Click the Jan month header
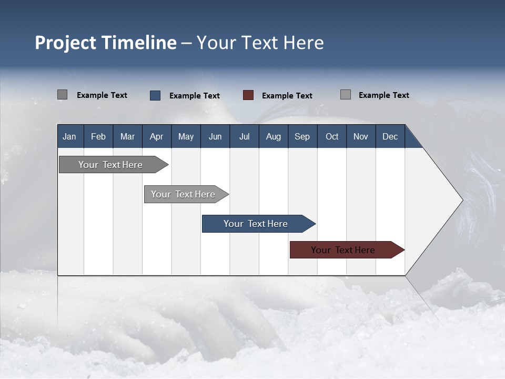[70, 136]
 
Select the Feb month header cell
[98, 136]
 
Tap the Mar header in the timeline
[127, 136]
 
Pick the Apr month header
[157, 136]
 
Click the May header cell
[186, 136]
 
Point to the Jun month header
[215, 136]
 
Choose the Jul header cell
[244, 136]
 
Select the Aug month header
[274, 136]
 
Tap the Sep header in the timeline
[302, 136]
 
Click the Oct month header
[332, 136]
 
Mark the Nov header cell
[361, 136]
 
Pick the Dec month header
[390, 136]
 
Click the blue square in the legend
[155, 95]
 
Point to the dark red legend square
[248, 95]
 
